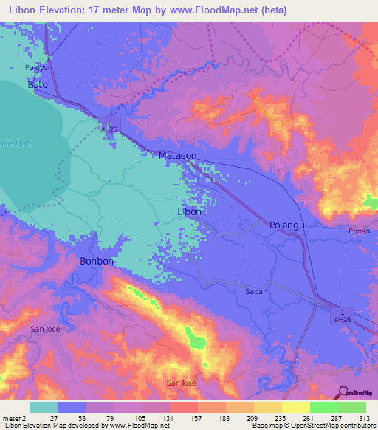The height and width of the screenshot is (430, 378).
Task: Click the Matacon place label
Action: pyautogui.click(x=177, y=156)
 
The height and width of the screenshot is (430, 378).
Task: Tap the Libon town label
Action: pyautogui.click(x=190, y=211)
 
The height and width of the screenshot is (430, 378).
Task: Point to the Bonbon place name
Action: pyautogui.click(x=94, y=262)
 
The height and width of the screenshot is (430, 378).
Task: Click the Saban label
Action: pyautogui.click(x=256, y=292)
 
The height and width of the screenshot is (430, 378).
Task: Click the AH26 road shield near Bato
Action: pyautogui.click(x=109, y=125)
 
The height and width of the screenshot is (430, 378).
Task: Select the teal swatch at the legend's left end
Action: pyautogui.click(x=44, y=407)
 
